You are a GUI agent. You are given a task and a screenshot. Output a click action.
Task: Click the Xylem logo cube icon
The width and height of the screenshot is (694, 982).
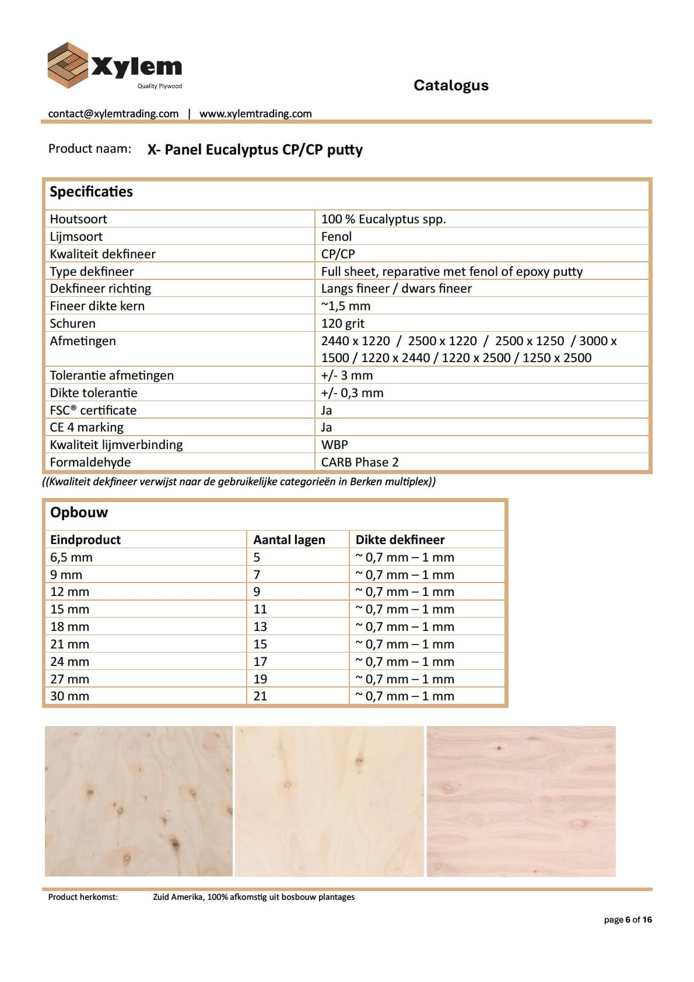coord(68,65)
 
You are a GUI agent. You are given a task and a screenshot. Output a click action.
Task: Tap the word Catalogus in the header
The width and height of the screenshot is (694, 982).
coord(451,85)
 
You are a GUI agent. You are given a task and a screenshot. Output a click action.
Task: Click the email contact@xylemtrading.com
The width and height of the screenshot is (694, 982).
coord(113,114)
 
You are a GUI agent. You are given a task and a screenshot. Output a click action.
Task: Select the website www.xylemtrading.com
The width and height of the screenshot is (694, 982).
coord(255,114)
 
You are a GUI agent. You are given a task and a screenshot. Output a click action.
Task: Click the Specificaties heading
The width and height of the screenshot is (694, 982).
coord(91,192)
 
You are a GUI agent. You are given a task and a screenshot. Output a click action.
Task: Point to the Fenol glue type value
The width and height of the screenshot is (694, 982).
coord(337,237)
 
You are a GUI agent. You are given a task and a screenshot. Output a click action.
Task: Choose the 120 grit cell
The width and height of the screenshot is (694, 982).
coord(343,324)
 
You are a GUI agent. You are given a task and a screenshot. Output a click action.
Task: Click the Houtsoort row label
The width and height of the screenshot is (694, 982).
coord(78,219)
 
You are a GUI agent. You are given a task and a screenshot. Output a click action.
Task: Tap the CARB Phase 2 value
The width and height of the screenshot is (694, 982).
coord(360,462)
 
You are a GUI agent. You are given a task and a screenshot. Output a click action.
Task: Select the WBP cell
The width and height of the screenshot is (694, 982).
coord(335,445)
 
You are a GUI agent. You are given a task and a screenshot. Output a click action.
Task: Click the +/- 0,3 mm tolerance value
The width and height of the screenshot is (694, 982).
coord(352,393)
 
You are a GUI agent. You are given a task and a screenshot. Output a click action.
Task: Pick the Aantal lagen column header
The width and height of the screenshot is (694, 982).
coord(289,540)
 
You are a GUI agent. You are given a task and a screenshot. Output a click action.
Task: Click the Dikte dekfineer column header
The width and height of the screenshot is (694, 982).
coord(400,540)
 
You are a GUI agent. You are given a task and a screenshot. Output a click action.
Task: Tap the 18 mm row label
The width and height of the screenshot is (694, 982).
coord(69,627)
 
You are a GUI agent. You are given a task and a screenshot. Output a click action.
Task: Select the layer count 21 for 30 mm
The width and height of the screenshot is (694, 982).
coord(260,696)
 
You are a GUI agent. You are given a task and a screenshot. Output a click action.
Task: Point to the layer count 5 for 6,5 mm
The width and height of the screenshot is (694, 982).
coord(257,557)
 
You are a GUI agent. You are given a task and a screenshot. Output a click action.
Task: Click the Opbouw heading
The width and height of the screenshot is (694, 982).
coord(79,513)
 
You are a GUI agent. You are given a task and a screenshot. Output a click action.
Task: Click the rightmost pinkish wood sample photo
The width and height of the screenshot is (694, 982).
coord(521,801)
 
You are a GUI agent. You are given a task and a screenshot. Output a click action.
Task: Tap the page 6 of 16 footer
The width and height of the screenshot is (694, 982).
coord(628,920)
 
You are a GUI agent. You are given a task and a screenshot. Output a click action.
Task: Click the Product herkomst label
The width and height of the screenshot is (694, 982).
coord(83,897)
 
